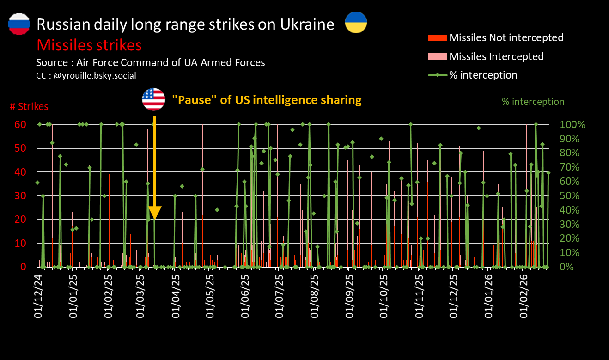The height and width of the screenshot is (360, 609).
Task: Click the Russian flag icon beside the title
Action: tap(19, 24)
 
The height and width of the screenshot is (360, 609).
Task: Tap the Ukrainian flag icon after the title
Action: tap(356, 22)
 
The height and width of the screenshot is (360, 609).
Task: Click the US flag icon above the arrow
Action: tap(154, 99)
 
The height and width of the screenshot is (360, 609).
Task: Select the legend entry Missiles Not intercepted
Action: tap(506, 37)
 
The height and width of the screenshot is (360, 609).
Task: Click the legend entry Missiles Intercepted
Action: tap(496, 56)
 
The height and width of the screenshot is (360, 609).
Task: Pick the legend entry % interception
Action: tap(483, 75)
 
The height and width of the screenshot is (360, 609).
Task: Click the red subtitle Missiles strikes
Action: tap(89, 45)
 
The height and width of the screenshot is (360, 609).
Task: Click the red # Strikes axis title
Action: tap(29, 107)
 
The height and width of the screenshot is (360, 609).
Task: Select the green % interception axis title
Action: tap(533, 102)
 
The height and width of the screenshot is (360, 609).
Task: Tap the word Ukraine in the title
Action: tap(307, 24)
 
